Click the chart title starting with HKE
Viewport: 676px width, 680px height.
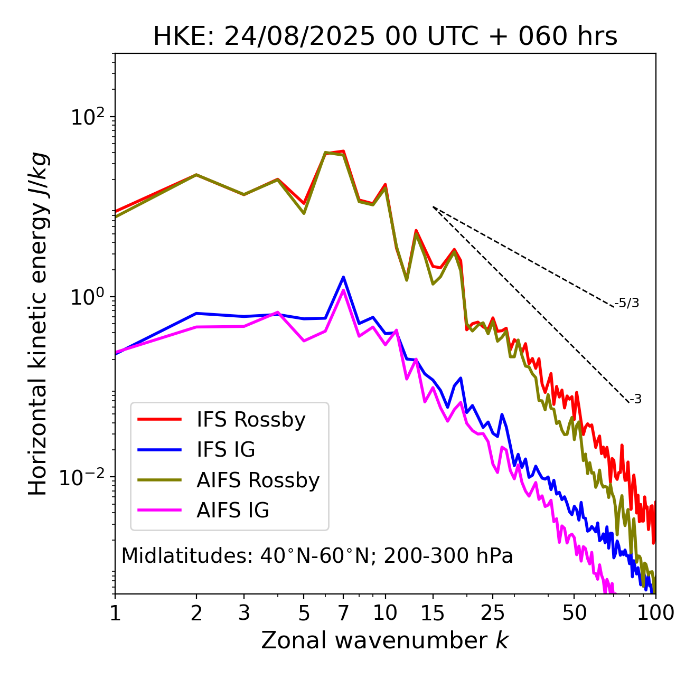[x=385, y=37]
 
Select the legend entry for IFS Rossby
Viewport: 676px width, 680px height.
[x=251, y=420]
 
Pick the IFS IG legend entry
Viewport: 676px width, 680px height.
[x=226, y=450]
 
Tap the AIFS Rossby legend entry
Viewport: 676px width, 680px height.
[x=258, y=480]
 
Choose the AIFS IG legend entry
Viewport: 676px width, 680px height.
[x=233, y=511]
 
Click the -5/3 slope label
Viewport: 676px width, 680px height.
[x=627, y=303]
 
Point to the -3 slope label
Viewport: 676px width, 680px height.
[x=635, y=399]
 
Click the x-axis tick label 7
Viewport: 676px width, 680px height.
[x=343, y=613]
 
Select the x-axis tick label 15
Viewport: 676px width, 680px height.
[x=433, y=613]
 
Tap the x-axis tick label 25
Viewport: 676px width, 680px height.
[x=493, y=613]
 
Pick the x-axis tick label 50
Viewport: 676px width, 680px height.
[x=574, y=613]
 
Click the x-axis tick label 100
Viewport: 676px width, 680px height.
[x=655, y=613]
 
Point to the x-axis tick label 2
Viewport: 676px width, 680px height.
[x=196, y=613]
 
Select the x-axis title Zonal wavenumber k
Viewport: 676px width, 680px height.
[x=385, y=640]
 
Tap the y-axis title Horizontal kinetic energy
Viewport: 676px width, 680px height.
[x=38, y=324]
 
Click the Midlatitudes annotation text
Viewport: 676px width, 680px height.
[x=317, y=556]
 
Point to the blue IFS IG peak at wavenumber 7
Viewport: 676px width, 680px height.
[x=343, y=277]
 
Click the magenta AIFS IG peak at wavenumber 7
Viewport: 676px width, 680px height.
[x=343, y=290]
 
